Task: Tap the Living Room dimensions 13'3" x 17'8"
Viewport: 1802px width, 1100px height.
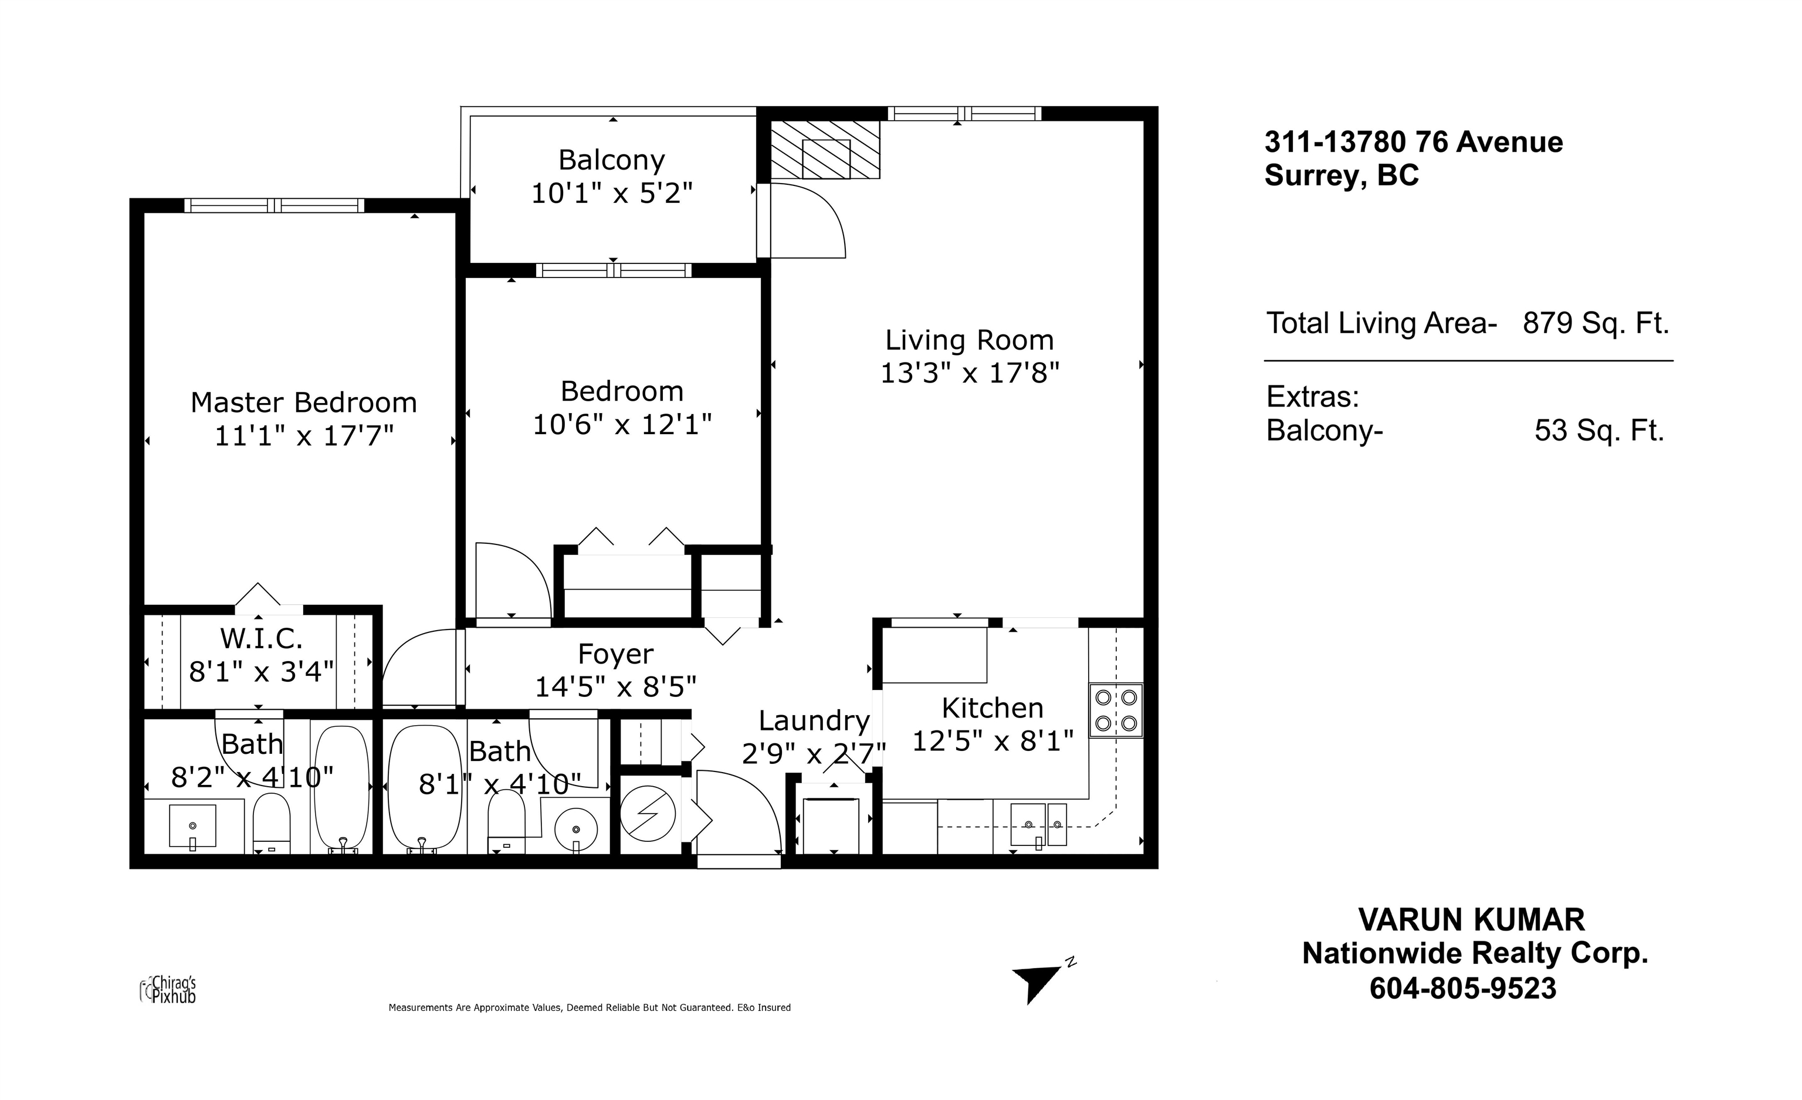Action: [970, 373]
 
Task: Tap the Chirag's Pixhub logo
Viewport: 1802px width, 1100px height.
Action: [168, 990]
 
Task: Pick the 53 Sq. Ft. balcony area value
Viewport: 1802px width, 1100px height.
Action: [1600, 430]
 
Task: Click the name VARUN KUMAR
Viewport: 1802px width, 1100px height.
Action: [1471, 919]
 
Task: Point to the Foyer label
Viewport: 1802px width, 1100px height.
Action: [616, 655]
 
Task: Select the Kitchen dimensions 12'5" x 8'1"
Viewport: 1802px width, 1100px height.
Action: [993, 742]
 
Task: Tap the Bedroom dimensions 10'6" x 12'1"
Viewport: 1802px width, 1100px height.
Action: [622, 424]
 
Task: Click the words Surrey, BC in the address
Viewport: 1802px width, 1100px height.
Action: [1342, 175]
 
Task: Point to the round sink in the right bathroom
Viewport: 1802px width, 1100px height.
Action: [575, 830]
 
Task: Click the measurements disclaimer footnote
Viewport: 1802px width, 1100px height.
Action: [590, 1008]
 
